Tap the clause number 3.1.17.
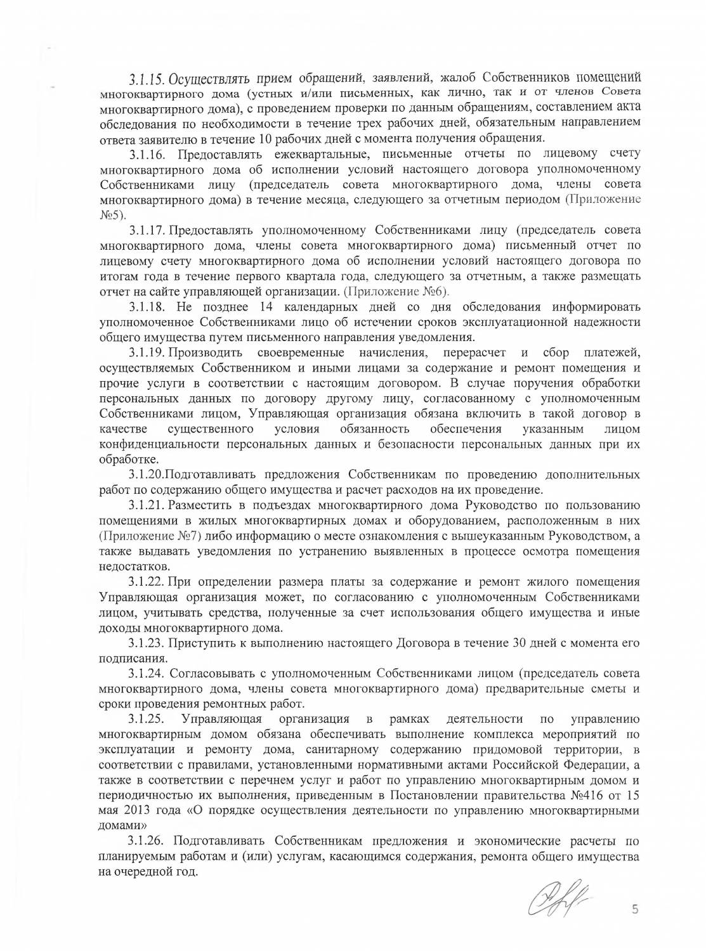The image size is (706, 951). point(147,230)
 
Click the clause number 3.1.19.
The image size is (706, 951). point(147,352)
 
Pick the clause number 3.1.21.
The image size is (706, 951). point(147,505)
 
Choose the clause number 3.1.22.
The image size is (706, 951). point(147,582)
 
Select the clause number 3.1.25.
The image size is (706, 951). point(147,719)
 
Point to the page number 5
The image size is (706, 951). point(634,910)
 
